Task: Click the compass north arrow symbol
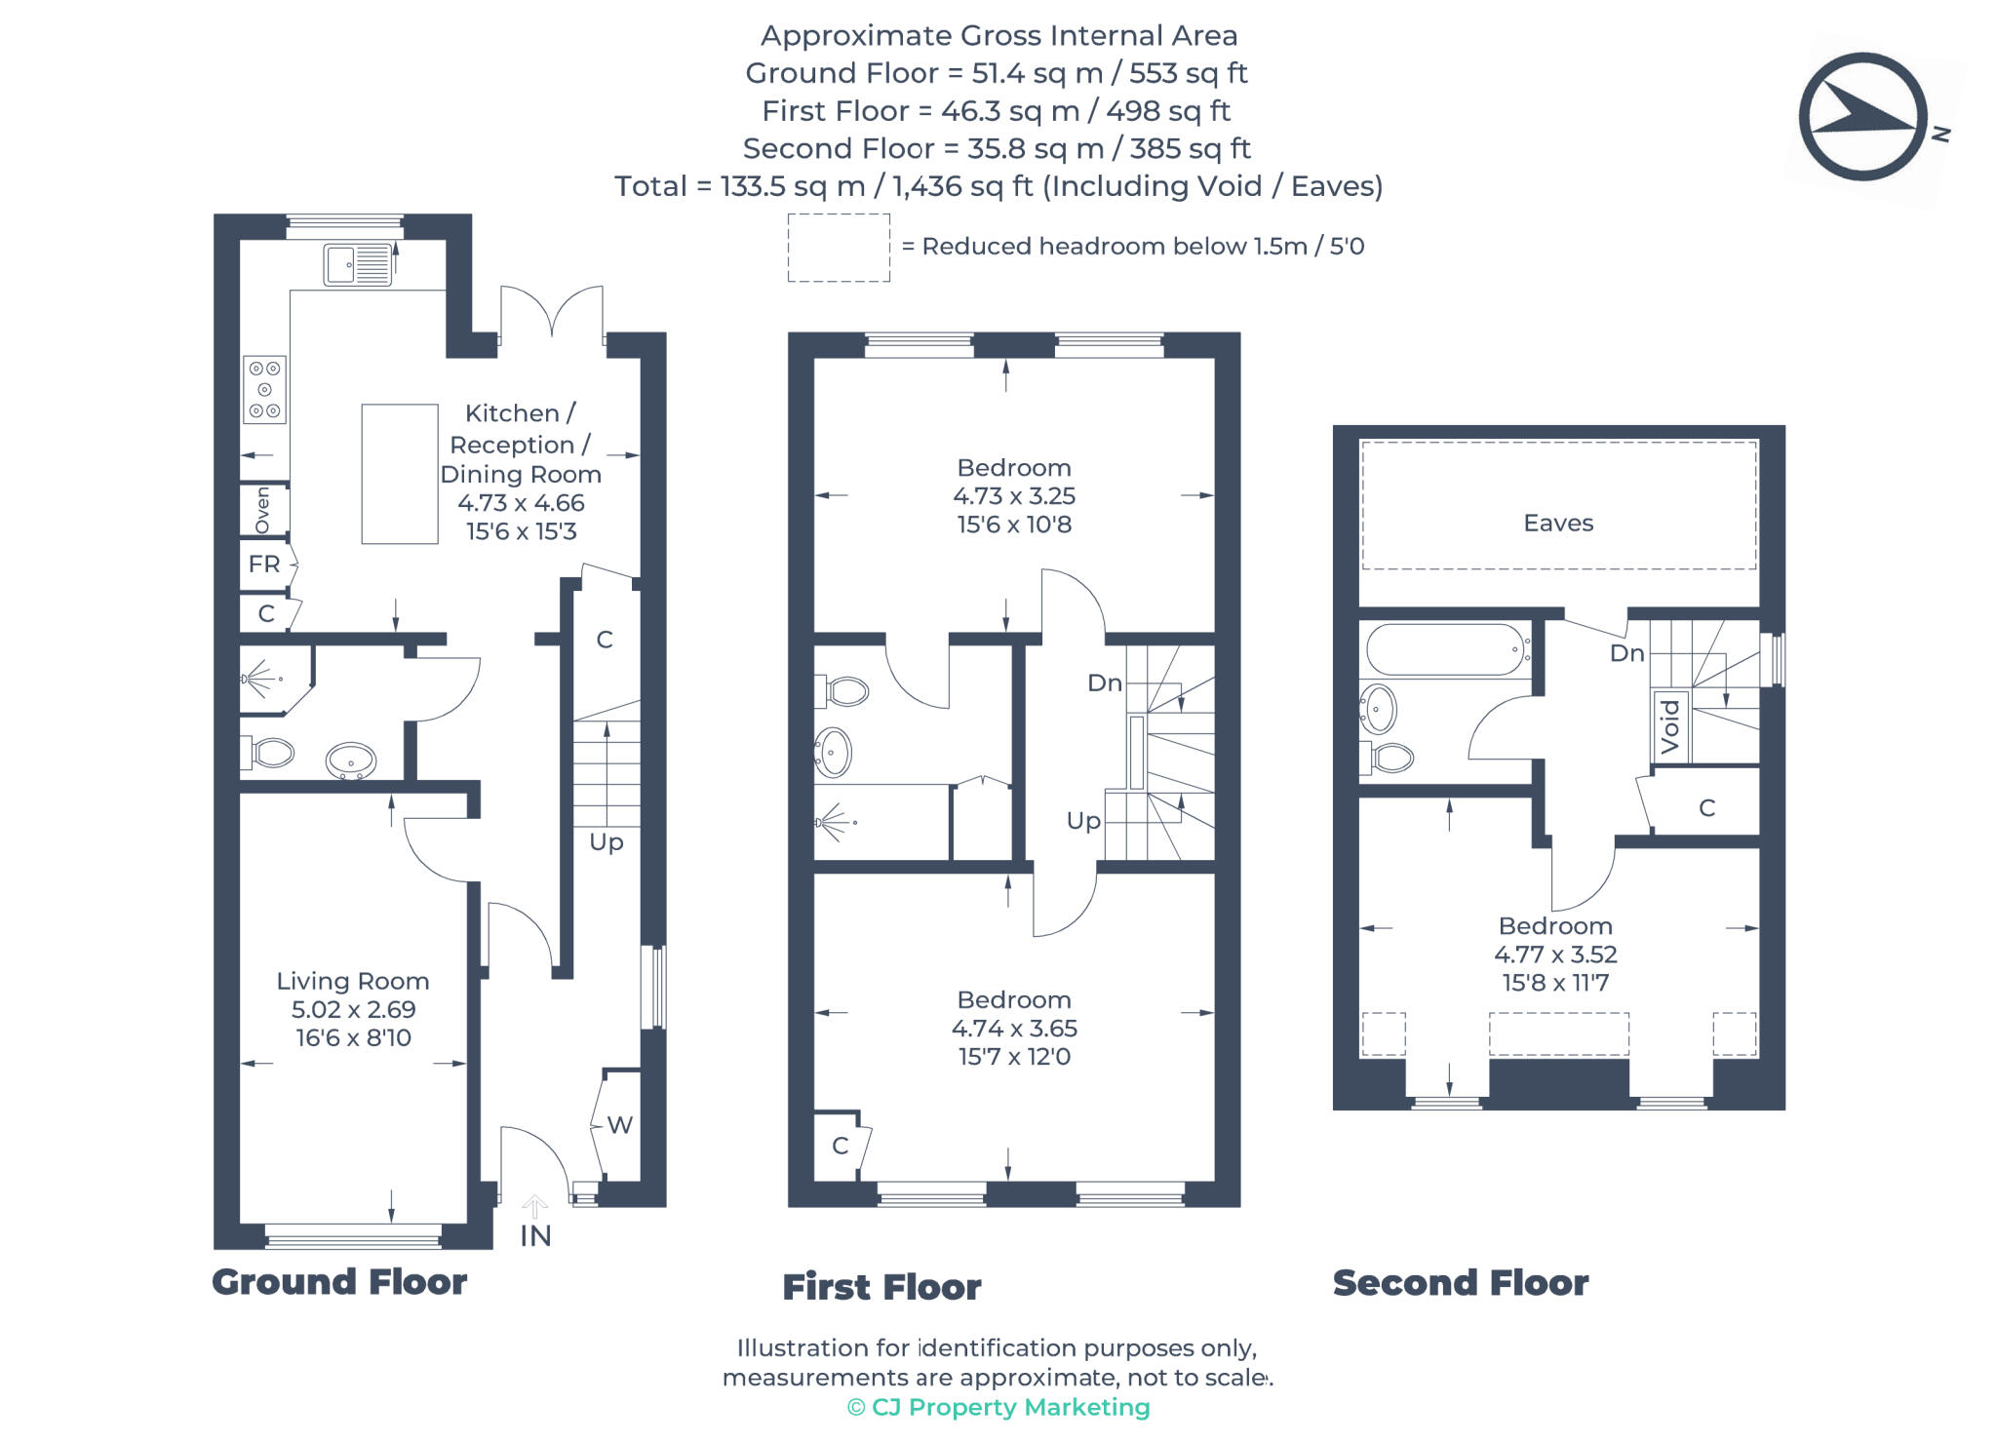click(x=1862, y=117)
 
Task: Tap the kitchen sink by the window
click(x=358, y=264)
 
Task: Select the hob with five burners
click(x=264, y=390)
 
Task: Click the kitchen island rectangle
click(x=399, y=474)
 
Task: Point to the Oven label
click(x=263, y=510)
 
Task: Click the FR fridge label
click(x=264, y=565)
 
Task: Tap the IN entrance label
click(x=535, y=1236)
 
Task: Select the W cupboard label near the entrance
click(x=619, y=1125)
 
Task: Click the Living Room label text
click(x=352, y=981)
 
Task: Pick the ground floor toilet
click(x=270, y=753)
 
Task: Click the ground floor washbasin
click(x=351, y=760)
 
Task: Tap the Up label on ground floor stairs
click(x=606, y=842)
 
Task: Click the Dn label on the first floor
click(x=1104, y=683)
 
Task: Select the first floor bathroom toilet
click(x=844, y=692)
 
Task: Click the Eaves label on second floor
click(x=1557, y=524)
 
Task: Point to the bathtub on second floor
click(x=1445, y=649)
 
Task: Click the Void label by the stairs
click(x=1670, y=726)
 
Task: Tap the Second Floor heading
click(x=1460, y=1283)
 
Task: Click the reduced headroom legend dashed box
click(x=839, y=248)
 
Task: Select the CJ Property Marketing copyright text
click(x=998, y=1407)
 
